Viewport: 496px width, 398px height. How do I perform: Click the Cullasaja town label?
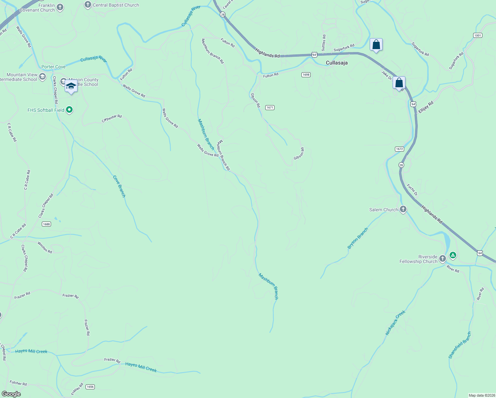point(337,63)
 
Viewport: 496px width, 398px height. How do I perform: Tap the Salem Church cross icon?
point(403,209)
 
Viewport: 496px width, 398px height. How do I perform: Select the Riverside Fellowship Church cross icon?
point(442,258)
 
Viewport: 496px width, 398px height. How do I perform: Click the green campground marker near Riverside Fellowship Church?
point(453,255)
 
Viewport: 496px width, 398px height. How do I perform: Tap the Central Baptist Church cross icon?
point(88,5)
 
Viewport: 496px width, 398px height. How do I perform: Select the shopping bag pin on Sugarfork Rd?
point(376,44)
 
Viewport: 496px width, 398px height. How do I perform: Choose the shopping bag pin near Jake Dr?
point(399,83)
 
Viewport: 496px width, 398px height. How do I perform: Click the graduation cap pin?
point(71,86)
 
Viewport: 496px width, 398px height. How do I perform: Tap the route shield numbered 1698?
point(306,75)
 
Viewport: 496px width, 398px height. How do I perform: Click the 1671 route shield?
point(270,107)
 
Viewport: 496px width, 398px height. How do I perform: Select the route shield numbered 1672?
point(400,149)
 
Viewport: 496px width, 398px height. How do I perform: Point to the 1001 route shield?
point(477,35)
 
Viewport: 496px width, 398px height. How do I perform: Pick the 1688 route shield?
point(46,224)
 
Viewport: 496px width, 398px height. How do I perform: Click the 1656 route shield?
point(90,387)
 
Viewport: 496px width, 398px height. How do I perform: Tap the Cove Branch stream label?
point(119,186)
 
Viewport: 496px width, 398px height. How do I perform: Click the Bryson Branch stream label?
point(358,238)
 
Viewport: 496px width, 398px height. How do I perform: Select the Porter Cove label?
point(53,67)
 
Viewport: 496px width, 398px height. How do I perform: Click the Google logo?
point(11,394)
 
